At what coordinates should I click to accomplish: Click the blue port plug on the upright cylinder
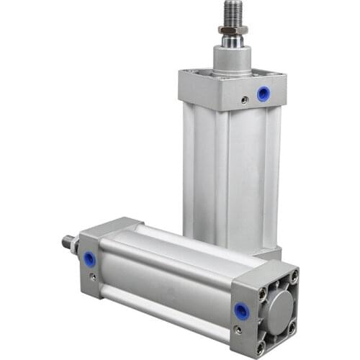(264, 94)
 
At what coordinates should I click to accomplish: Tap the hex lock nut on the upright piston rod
(234, 30)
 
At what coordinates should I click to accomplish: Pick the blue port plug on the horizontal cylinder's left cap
(89, 258)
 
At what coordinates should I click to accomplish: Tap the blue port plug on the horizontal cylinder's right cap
(240, 311)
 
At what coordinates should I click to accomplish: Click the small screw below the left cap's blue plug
(91, 276)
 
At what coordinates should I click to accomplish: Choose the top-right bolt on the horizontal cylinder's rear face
(293, 274)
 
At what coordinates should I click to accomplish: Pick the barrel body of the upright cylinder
(230, 173)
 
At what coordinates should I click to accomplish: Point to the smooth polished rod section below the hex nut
(232, 42)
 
